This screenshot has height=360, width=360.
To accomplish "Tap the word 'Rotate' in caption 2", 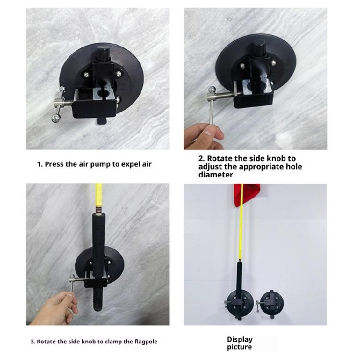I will click(222, 158).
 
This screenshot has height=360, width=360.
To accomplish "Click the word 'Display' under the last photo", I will click(240, 339).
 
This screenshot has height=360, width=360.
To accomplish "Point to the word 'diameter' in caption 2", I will click(216, 175).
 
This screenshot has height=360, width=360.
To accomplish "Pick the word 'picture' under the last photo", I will click(240, 347).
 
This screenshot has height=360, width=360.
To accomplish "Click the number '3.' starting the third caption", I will click(33, 342).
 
